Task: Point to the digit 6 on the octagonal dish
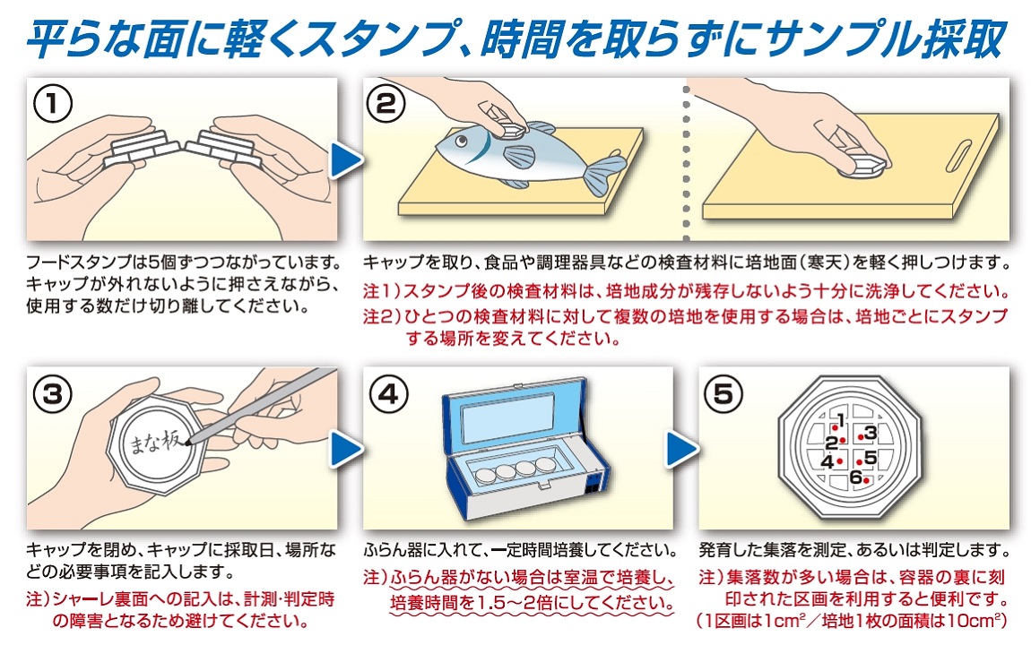pos(855,477)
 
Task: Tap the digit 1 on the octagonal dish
pos(840,419)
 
